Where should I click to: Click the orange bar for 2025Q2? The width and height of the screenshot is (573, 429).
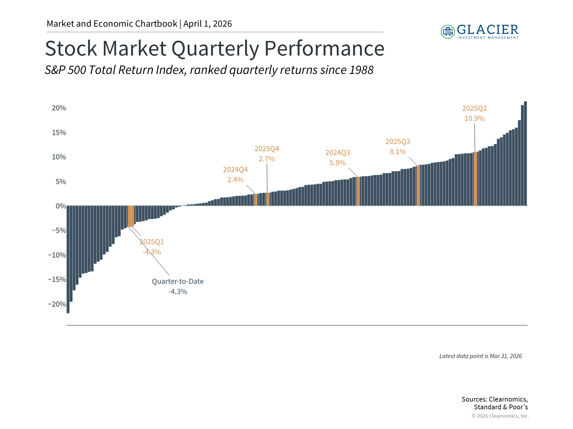(475, 179)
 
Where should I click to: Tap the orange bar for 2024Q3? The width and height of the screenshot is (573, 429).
(358, 191)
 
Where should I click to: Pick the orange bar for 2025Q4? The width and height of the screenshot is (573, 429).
(268, 199)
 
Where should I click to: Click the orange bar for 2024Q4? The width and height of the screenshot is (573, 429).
(256, 200)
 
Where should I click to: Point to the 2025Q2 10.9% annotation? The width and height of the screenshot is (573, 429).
(474, 113)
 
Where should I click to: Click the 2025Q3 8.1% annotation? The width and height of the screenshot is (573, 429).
(398, 147)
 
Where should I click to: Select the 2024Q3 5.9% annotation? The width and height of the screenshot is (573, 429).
(338, 158)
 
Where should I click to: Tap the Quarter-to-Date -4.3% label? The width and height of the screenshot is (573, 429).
(178, 286)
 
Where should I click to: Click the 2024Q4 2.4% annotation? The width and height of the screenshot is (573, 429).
(235, 175)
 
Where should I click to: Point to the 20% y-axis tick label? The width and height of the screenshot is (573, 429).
(59, 108)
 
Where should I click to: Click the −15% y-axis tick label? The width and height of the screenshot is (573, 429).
(57, 279)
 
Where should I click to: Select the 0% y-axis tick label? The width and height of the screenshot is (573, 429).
(61, 206)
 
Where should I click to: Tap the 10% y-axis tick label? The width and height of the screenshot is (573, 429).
(59, 157)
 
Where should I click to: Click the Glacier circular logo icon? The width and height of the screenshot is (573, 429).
(448, 32)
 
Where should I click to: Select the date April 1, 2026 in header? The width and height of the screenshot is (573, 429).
(207, 24)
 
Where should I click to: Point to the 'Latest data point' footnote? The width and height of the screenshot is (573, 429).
(480, 356)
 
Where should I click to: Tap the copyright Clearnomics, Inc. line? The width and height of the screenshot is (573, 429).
(500, 416)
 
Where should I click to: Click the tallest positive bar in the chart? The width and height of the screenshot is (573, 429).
(525, 153)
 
